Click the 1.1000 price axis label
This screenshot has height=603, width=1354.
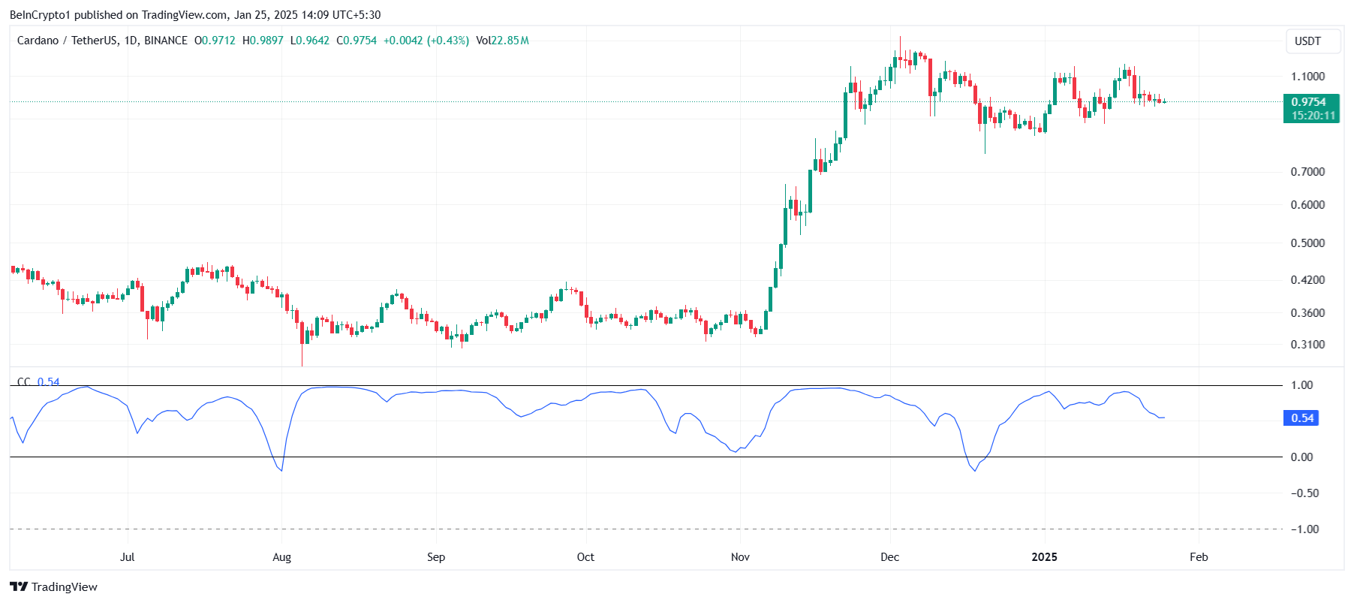point(1307,77)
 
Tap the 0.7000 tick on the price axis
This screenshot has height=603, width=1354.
point(1307,172)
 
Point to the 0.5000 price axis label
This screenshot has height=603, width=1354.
point(1307,243)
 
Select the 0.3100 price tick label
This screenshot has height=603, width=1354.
point(1307,345)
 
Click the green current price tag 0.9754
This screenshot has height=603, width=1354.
point(1310,102)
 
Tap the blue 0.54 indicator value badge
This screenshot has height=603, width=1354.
point(1302,418)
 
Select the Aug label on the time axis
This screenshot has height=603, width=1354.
point(281,557)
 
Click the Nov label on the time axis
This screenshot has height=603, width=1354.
point(740,557)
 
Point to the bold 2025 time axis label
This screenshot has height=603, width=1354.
point(1044,557)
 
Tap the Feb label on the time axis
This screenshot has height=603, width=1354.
point(1199,557)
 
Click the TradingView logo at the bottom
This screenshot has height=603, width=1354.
point(53,587)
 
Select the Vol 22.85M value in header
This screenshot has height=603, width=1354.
point(502,41)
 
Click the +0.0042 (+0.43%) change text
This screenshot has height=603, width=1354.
point(426,41)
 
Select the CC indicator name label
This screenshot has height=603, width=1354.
point(24,382)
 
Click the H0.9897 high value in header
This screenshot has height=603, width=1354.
point(263,41)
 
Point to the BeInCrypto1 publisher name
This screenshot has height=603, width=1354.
point(40,15)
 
